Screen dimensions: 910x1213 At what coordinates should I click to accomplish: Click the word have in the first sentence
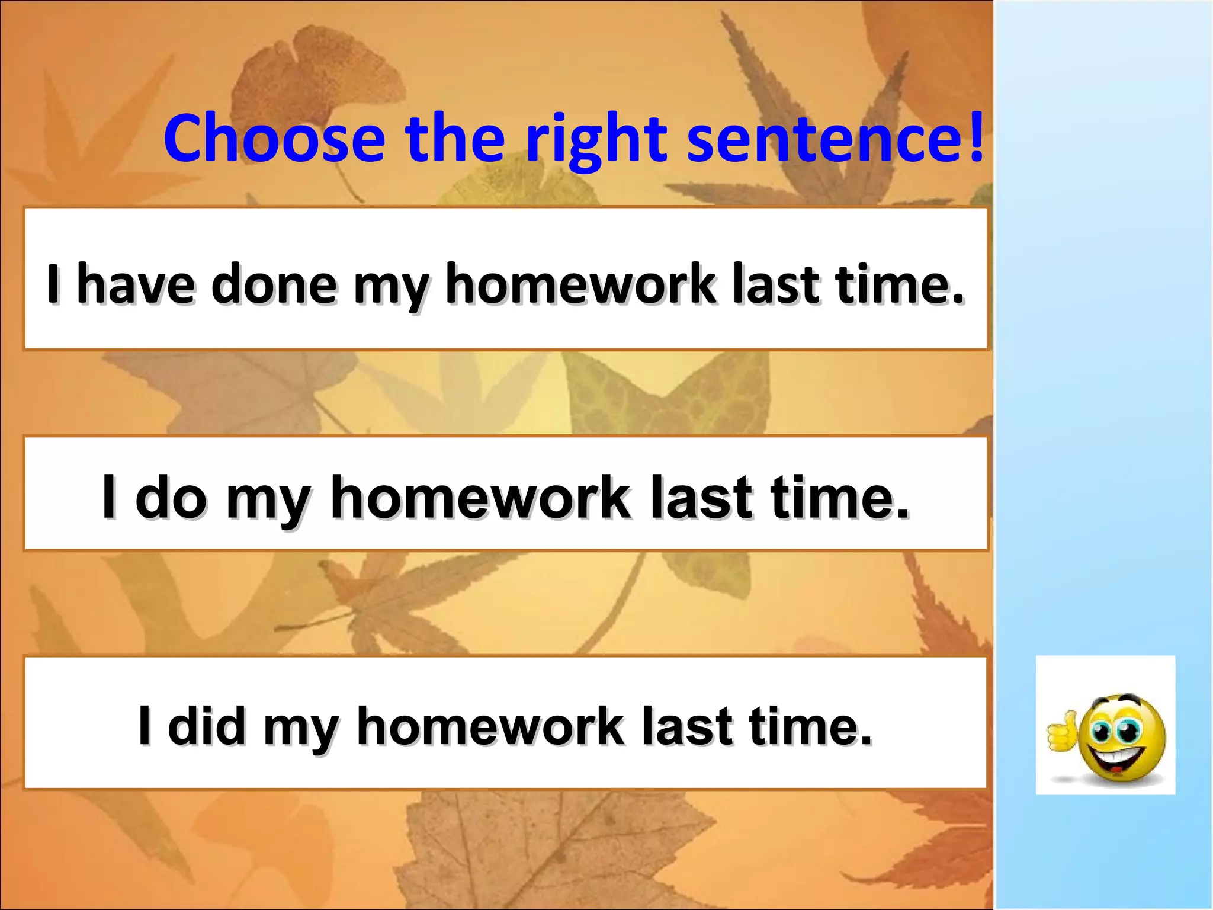click(x=136, y=284)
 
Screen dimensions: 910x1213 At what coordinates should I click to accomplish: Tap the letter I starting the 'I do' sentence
click(x=108, y=496)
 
